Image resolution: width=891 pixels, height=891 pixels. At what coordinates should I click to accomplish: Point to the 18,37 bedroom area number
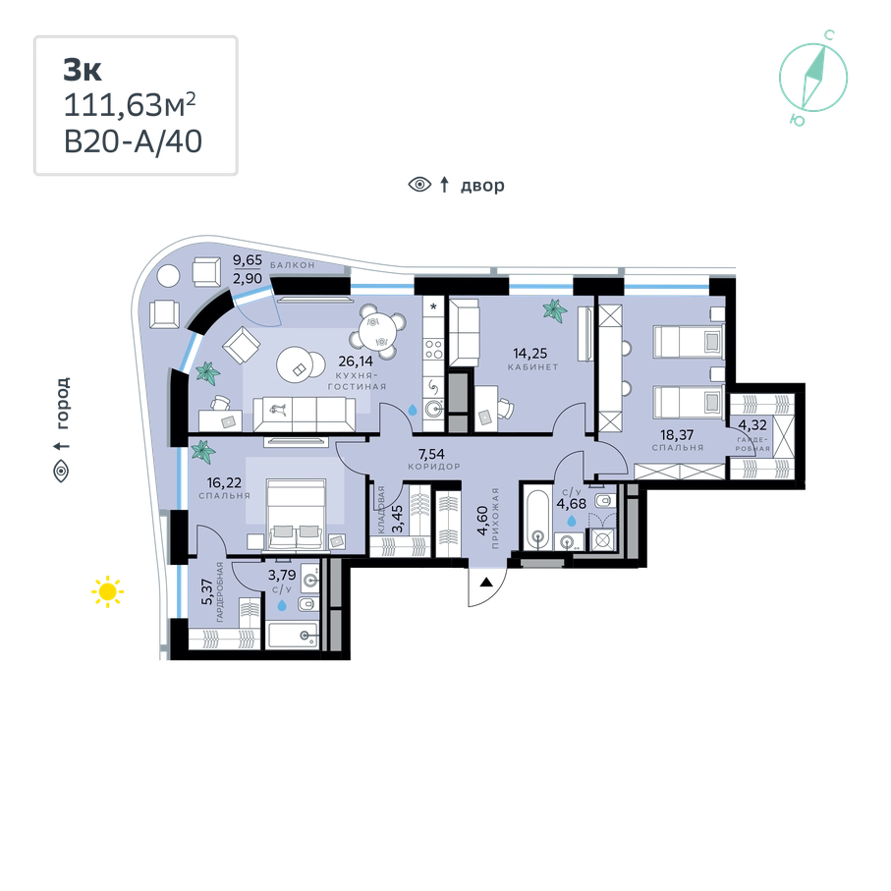[x=676, y=431]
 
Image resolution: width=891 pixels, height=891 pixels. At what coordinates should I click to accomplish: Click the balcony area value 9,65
[x=247, y=262]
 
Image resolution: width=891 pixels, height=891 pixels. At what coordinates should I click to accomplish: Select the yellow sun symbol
[x=108, y=592]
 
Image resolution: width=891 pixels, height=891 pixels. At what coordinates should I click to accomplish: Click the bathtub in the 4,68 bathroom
[x=536, y=517]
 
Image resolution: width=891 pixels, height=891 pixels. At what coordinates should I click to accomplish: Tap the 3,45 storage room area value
[x=398, y=514]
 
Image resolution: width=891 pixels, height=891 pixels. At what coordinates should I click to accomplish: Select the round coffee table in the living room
[x=299, y=364]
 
